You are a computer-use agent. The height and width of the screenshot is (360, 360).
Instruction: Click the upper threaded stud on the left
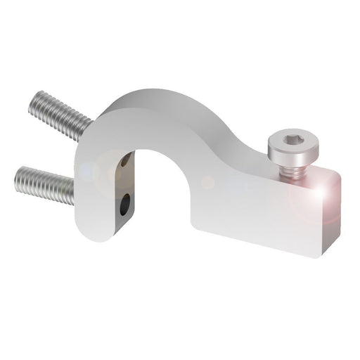pyautogui.click(x=60, y=114)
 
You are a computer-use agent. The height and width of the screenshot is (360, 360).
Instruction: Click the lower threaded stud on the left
pyautogui.click(x=44, y=184)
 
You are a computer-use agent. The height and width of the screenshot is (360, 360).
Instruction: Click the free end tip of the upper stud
pyautogui.click(x=35, y=103)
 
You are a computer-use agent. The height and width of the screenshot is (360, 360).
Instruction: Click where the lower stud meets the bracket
pyautogui.click(x=74, y=191)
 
